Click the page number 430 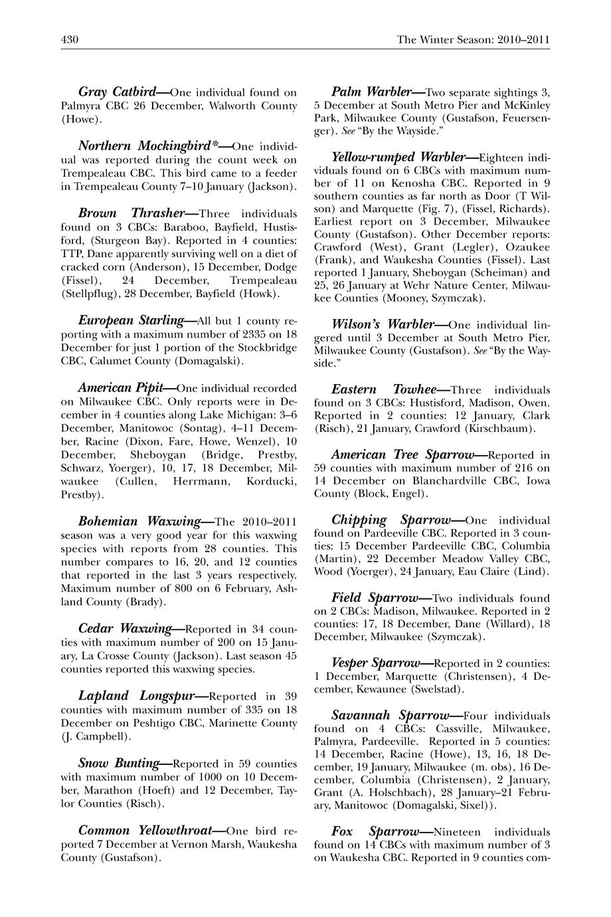tap(70, 39)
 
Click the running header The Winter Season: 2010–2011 tap(473, 39)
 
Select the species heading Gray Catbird tap(117, 92)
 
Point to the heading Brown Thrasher tap(130, 213)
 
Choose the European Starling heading tap(131, 320)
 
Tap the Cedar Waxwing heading tap(126, 628)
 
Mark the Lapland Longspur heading tap(135, 696)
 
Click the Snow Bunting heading tap(119, 763)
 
